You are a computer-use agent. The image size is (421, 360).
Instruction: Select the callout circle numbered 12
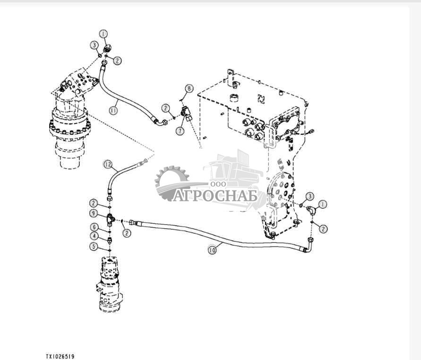[108, 165]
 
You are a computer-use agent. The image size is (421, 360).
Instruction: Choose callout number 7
[180, 130]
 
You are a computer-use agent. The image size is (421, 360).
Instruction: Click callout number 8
[189, 88]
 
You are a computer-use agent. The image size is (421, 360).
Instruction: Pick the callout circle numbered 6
[95, 227]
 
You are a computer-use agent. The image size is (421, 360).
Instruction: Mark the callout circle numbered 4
[95, 236]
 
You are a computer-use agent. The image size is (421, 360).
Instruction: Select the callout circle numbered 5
[95, 246]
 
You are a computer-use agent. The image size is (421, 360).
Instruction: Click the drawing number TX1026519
[60, 356]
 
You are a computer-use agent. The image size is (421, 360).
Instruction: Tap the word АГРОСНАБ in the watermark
[215, 195]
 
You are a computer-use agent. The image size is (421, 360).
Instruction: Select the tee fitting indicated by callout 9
[110, 218]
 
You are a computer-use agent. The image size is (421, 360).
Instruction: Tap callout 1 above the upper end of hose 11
[103, 34]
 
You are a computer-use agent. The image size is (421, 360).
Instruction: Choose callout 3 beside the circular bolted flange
[309, 196]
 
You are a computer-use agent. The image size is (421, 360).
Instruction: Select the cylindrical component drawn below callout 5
[111, 284]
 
